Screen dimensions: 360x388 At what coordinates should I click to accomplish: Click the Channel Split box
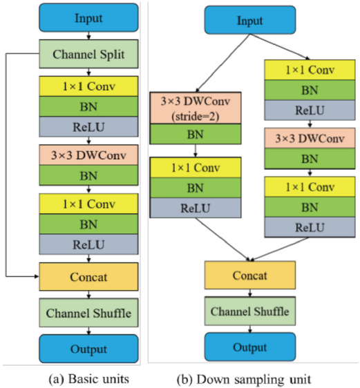click(x=88, y=54)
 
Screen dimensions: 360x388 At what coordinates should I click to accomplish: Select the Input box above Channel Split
click(x=88, y=18)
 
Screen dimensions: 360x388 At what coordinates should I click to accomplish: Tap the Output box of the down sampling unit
click(x=250, y=347)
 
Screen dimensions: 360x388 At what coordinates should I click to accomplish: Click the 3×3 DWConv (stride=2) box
click(x=196, y=108)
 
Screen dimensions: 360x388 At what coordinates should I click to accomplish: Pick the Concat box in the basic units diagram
click(x=88, y=277)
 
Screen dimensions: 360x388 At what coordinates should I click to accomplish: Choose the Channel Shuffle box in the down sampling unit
click(x=250, y=311)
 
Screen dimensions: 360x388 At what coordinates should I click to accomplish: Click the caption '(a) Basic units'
click(x=89, y=379)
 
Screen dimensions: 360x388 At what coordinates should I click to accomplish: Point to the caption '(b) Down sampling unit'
click(x=244, y=379)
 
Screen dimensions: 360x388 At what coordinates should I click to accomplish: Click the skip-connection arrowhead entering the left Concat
click(x=37, y=276)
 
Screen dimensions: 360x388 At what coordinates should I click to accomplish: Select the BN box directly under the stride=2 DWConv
click(x=196, y=134)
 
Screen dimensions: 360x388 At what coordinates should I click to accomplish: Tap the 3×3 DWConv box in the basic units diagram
click(x=88, y=155)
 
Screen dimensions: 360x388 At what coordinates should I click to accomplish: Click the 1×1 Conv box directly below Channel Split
click(x=88, y=86)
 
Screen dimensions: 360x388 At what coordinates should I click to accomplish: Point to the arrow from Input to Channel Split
click(x=88, y=36)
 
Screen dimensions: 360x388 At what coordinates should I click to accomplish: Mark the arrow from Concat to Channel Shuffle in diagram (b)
click(x=250, y=293)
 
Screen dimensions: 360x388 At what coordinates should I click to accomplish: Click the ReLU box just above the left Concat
click(x=88, y=244)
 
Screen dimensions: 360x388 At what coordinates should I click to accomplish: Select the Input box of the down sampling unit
click(x=250, y=20)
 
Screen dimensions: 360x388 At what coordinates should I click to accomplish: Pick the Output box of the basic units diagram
click(x=88, y=349)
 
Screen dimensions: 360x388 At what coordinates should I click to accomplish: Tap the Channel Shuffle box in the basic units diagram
click(x=88, y=313)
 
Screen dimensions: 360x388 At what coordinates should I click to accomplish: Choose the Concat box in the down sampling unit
click(x=250, y=275)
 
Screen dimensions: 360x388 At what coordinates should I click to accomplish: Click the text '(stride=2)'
click(x=196, y=116)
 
